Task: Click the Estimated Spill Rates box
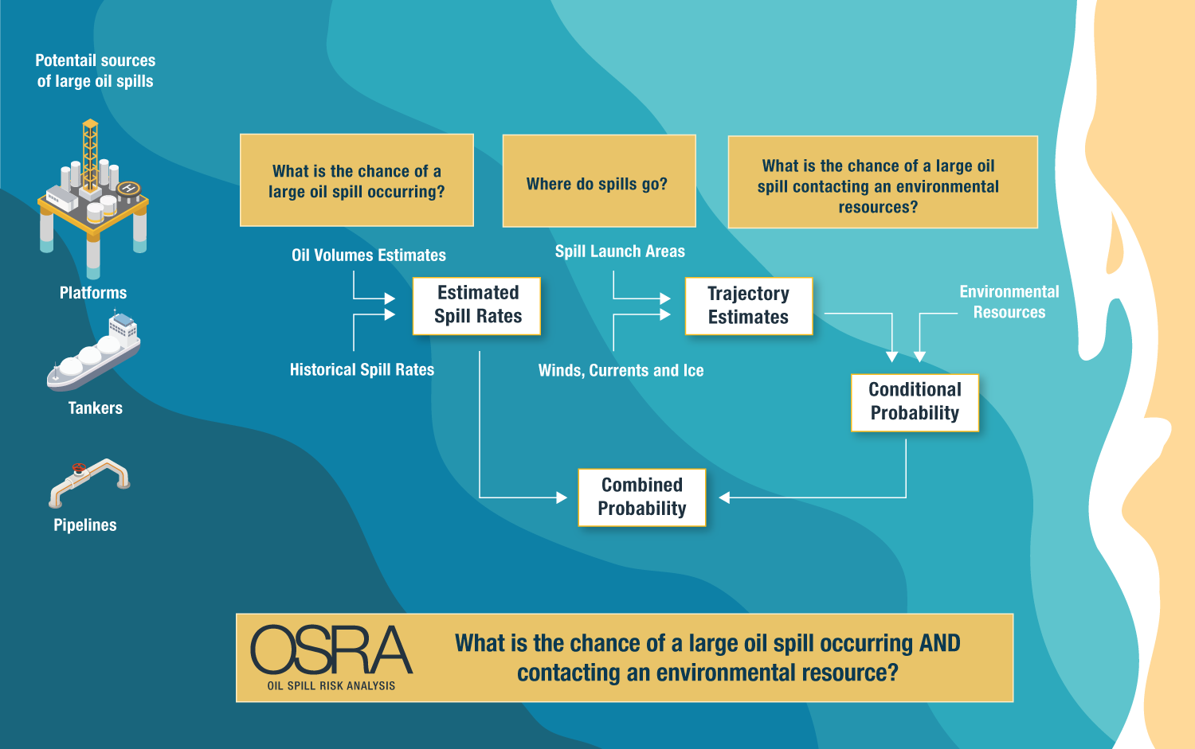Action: (x=476, y=306)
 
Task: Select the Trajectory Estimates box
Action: (x=748, y=306)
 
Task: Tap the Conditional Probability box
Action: (x=915, y=402)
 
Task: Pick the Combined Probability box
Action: (x=641, y=497)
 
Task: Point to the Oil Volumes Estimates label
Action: (x=369, y=256)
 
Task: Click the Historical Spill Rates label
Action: (x=362, y=370)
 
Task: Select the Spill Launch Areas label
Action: (x=620, y=252)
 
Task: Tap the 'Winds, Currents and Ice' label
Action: (x=621, y=371)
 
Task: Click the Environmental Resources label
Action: (x=1009, y=302)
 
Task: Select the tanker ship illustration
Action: (x=94, y=354)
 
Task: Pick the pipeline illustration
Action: (x=88, y=482)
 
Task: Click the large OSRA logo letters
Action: (x=331, y=650)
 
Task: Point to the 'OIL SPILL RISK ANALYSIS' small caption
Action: (x=331, y=685)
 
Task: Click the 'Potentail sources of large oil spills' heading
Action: (x=95, y=71)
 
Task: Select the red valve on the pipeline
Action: (x=78, y=468)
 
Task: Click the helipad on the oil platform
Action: (x=128, y=189)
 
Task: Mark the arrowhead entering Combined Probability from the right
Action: (x=724, y=497)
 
